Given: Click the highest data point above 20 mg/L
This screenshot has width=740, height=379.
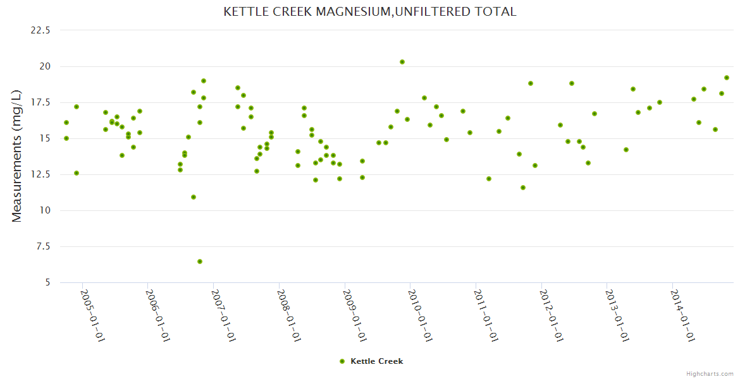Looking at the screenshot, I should click(x=402, y=62).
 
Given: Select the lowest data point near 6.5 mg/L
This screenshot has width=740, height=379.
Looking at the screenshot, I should click(x=200, y=262).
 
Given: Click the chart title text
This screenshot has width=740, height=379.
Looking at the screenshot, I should click(x=370, y=11).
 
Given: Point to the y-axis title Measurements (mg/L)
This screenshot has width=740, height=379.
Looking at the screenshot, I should click(x=17, y=156).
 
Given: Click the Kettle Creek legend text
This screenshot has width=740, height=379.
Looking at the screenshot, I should click(x=376, y=361).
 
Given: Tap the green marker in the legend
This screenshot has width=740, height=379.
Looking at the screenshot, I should click(x=342, y=361).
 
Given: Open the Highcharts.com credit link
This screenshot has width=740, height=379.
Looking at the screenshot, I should click(x=710, y=374).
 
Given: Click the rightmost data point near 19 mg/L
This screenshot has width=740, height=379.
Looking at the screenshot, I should click(x=727, y=78).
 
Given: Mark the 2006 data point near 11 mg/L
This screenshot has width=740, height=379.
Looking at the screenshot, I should click(x=194, y=197).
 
